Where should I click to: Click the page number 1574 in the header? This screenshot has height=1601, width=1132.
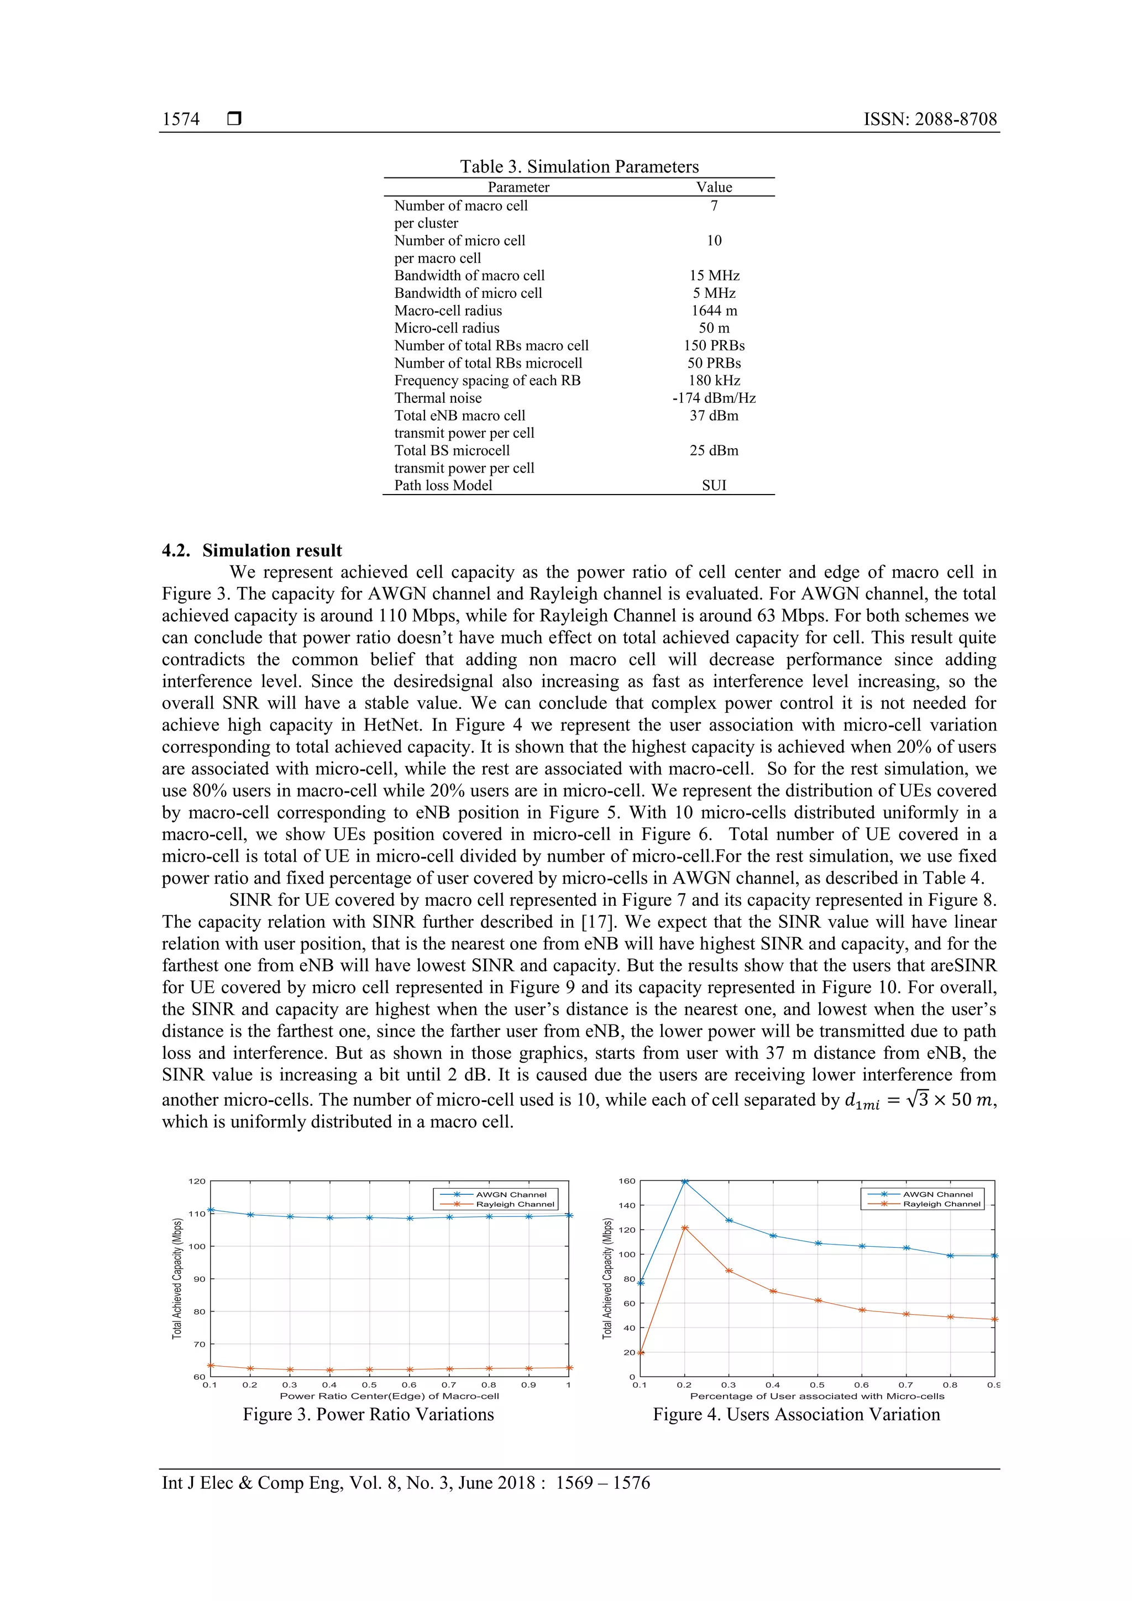click(x=181, y=119)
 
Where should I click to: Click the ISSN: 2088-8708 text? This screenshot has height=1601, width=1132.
click(x=930, y=119)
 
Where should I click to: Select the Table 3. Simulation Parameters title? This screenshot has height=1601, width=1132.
click(x=579, y=167)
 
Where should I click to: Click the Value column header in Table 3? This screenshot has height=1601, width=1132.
click(x=714, y=187)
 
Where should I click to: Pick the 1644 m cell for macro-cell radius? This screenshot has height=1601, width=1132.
click(x=714, y=310)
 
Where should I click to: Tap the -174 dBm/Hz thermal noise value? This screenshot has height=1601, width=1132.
click(x=714, y=398)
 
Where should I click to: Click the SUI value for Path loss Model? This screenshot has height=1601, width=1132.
click(x=714, y=485)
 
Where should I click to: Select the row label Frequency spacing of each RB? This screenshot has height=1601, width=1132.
click(x=487, y=381)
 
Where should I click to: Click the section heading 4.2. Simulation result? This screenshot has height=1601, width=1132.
click(x=252, y=550)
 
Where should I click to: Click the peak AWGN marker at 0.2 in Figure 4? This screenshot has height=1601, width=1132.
click(x=684, y=1181)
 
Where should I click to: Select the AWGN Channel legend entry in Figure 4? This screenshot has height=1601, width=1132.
click(x=937, y=1194)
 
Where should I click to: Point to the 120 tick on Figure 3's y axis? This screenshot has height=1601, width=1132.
click(x=197, y=1181)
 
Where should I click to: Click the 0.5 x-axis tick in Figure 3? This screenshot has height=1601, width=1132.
click(x=369, y=1385)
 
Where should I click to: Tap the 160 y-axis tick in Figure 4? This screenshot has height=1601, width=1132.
click(x=626, y=1181)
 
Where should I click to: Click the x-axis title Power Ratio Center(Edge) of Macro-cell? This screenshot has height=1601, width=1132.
click(x=389, y=1396)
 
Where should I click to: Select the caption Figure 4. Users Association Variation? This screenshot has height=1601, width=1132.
click(x=796, y=1414)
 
